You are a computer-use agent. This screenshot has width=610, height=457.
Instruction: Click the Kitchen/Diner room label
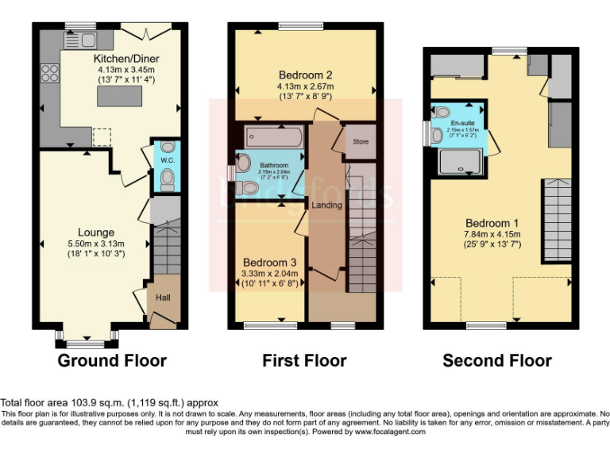click(x=118, y=59)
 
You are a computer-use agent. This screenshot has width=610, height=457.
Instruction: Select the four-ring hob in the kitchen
click(x=49, y=73)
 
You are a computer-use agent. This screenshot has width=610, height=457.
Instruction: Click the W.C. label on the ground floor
click(x=167, y=159)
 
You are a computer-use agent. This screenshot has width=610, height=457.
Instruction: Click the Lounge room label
click(x=96, y=232)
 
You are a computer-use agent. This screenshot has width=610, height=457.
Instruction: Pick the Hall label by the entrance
click(x=162, y=298)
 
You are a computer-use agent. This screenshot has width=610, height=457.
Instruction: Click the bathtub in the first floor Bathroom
click(x=274, y=137)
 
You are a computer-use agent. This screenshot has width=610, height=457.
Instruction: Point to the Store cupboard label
click(x=361, y=143)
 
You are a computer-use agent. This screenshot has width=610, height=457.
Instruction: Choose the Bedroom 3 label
click(x=270, y=263)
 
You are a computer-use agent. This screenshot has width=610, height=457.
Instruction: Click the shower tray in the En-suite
click(x=461, y=162)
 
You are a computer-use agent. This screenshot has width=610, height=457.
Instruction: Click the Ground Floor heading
click(x=112, y=361)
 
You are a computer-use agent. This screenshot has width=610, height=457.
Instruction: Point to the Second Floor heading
click(x=497, y=361)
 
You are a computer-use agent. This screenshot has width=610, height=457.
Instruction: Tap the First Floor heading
click(x=304, y=361)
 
